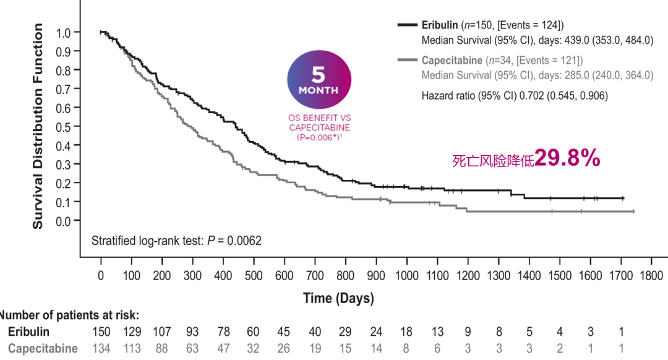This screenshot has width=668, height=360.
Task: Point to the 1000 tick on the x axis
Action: click(407, 275)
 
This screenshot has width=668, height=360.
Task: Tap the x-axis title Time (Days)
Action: click(338, 299)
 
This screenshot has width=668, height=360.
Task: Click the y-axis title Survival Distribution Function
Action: click(38, 126)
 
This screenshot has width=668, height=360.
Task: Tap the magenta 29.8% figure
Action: click(567, 158)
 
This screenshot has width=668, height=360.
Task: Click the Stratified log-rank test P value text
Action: click(176, 241)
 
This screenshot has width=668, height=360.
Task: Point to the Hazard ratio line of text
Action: click(515, 95)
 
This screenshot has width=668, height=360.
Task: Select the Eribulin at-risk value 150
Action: click(101, 332)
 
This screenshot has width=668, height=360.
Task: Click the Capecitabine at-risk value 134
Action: click(101, 348)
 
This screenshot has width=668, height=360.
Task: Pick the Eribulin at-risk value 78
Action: click(223, 332)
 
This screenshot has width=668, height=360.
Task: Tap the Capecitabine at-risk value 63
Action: click(192, 348)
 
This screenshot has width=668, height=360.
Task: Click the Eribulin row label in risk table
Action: click(28, 332)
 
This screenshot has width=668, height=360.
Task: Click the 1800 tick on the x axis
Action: click(651, 275)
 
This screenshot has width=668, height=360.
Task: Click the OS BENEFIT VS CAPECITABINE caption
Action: click(319, 122)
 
